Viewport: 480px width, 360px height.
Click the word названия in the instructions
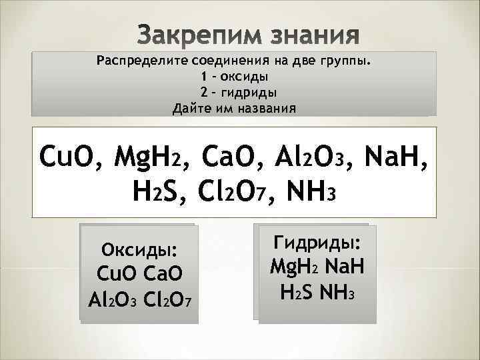coord(263,107)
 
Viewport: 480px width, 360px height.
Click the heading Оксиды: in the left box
coord(139,251)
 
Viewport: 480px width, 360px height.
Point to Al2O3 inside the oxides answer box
coord(111,297)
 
